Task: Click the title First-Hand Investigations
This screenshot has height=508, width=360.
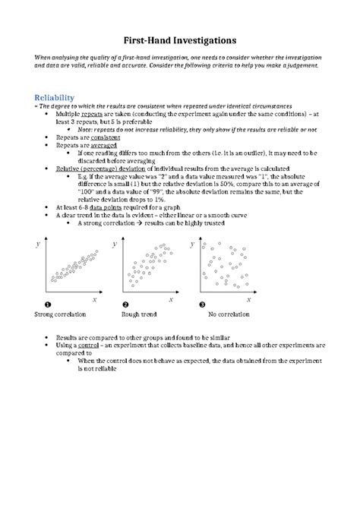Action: pos(180,37)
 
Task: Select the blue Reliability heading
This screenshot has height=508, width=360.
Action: pos(50,97)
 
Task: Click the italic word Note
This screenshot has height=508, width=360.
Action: pos(86,130)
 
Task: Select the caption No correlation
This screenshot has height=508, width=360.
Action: pos(227,314)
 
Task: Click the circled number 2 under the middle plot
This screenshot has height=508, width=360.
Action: pos(124,304)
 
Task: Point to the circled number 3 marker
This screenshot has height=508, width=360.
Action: pos(203,304)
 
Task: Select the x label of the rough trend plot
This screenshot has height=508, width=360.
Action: pos(172,299)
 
